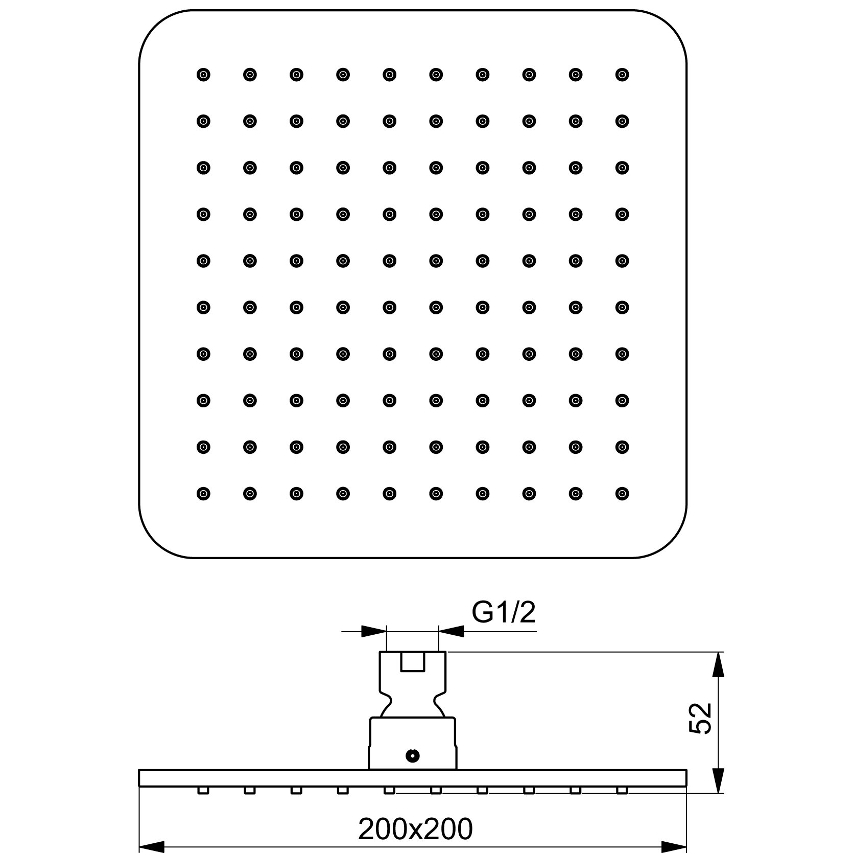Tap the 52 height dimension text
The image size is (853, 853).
click(x=700, y=719)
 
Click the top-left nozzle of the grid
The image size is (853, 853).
click(x=203, y=75)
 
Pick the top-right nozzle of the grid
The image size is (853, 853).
click(x=622, y=75)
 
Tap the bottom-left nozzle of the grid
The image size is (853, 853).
click(x=203, y=493)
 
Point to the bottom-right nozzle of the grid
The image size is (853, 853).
click(x=622, y=493)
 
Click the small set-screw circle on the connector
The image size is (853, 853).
click(x=411, y=755)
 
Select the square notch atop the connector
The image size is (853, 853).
click(x=413, y=661)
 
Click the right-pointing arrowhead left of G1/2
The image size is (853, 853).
click(x=374, y=631)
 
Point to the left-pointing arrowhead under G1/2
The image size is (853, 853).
click(x=451, y=631)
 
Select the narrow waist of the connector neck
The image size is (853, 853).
click(x=413, y=698)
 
